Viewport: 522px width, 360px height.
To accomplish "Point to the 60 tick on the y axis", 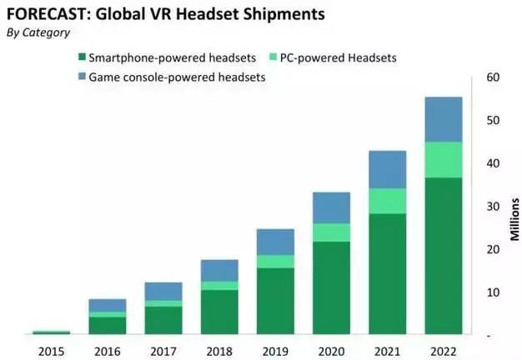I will pos(492,77).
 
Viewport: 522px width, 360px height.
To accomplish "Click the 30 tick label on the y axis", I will pos(492,207).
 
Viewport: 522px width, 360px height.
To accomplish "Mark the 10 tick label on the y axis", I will pos(492,292).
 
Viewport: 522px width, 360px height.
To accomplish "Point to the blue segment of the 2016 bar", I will pos(107,305).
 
